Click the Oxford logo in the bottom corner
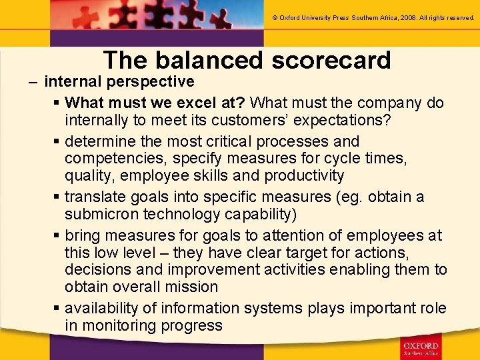420,347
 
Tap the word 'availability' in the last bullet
103,309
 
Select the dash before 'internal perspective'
33,82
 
